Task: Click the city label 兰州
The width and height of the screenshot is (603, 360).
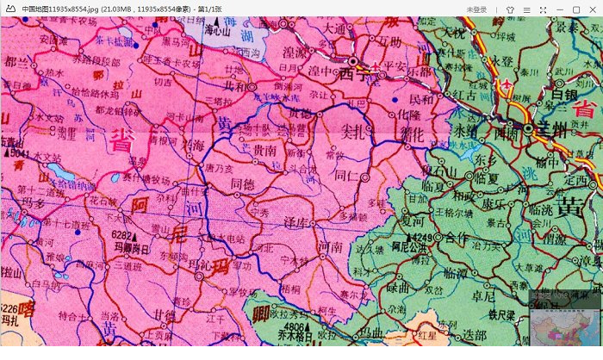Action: coord(550,127)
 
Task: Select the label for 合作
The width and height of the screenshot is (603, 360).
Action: coord(457,237)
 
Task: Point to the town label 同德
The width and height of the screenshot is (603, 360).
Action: coord(244,183)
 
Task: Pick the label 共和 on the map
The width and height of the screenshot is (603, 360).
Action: coord(235,86)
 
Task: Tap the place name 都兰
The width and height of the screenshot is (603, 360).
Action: coord(16,61)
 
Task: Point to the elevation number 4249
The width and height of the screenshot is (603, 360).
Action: coord(420,236)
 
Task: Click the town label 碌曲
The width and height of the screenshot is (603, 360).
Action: coord(398,288)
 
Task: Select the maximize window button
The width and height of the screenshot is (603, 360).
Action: coord(575,9)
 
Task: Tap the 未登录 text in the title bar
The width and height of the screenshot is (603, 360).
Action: coord(476,9)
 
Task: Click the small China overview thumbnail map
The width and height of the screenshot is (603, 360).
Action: coord(564,329)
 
